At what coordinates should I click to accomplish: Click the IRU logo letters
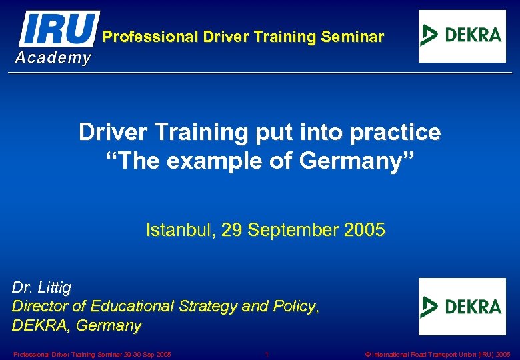59,29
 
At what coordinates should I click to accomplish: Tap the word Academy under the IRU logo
53,58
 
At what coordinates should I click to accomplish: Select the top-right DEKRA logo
462,36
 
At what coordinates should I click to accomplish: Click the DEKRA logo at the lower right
462,307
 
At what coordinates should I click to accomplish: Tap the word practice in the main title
402,133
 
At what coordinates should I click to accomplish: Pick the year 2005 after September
365,231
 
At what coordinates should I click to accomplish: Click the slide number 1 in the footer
267,354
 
